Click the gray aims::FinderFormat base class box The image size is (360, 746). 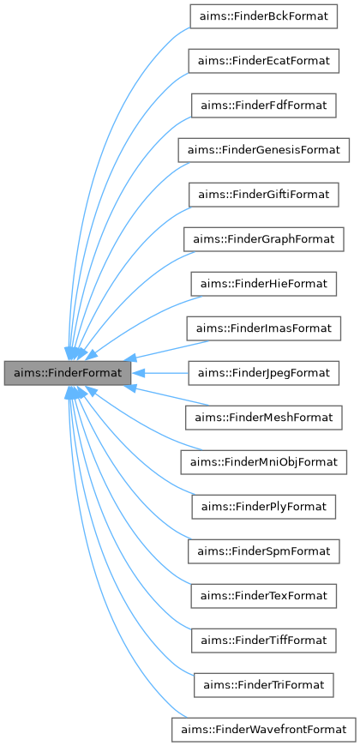(x=68, y=373)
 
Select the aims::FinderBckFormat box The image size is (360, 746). (x=263, y=16)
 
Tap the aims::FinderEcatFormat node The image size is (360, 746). (x=263, y=61)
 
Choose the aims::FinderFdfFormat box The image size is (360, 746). (x=263, y=105)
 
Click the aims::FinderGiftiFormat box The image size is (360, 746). (x=263, y=195)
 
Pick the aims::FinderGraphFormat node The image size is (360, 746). (x=263, y=239)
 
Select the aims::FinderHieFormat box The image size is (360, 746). (x=263, y=284)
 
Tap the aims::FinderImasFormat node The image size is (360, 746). (x=263, y=328)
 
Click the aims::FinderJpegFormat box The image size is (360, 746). (x=263, y=373)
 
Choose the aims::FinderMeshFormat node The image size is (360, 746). (x=263, y=418)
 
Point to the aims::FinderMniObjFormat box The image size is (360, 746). (x=263, y=462)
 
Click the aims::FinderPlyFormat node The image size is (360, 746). (x=263, y=507)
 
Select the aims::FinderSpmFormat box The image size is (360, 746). (x=263, y=551)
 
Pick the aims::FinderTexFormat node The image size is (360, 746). (x=263, y=596)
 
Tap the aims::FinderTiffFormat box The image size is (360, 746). (x=263, y=641)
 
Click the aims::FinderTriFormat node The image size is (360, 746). (x=263, y=685)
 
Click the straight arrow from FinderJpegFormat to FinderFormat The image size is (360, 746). (x=167, y=373)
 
